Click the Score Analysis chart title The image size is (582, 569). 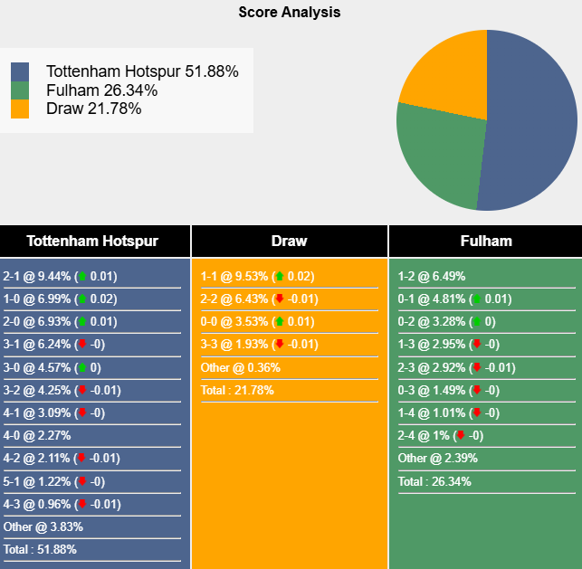coord(290,13)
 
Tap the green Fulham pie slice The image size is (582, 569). coord(434,158)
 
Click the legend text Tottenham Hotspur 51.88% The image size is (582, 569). coord(142,71)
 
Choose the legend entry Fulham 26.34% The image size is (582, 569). coord(101,90)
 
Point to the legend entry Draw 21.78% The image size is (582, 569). coord(93,109)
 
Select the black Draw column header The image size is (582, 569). coord(289,241)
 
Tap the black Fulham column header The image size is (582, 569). coord(485,241)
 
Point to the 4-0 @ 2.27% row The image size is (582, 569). coord(37,435)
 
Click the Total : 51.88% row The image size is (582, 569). coord(40,549)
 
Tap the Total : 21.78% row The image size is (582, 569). coord(237,390)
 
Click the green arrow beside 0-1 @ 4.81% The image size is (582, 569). coord(476,299)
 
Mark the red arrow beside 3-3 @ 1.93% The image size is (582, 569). coord(279,345)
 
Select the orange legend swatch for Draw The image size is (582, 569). coord(20,109)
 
